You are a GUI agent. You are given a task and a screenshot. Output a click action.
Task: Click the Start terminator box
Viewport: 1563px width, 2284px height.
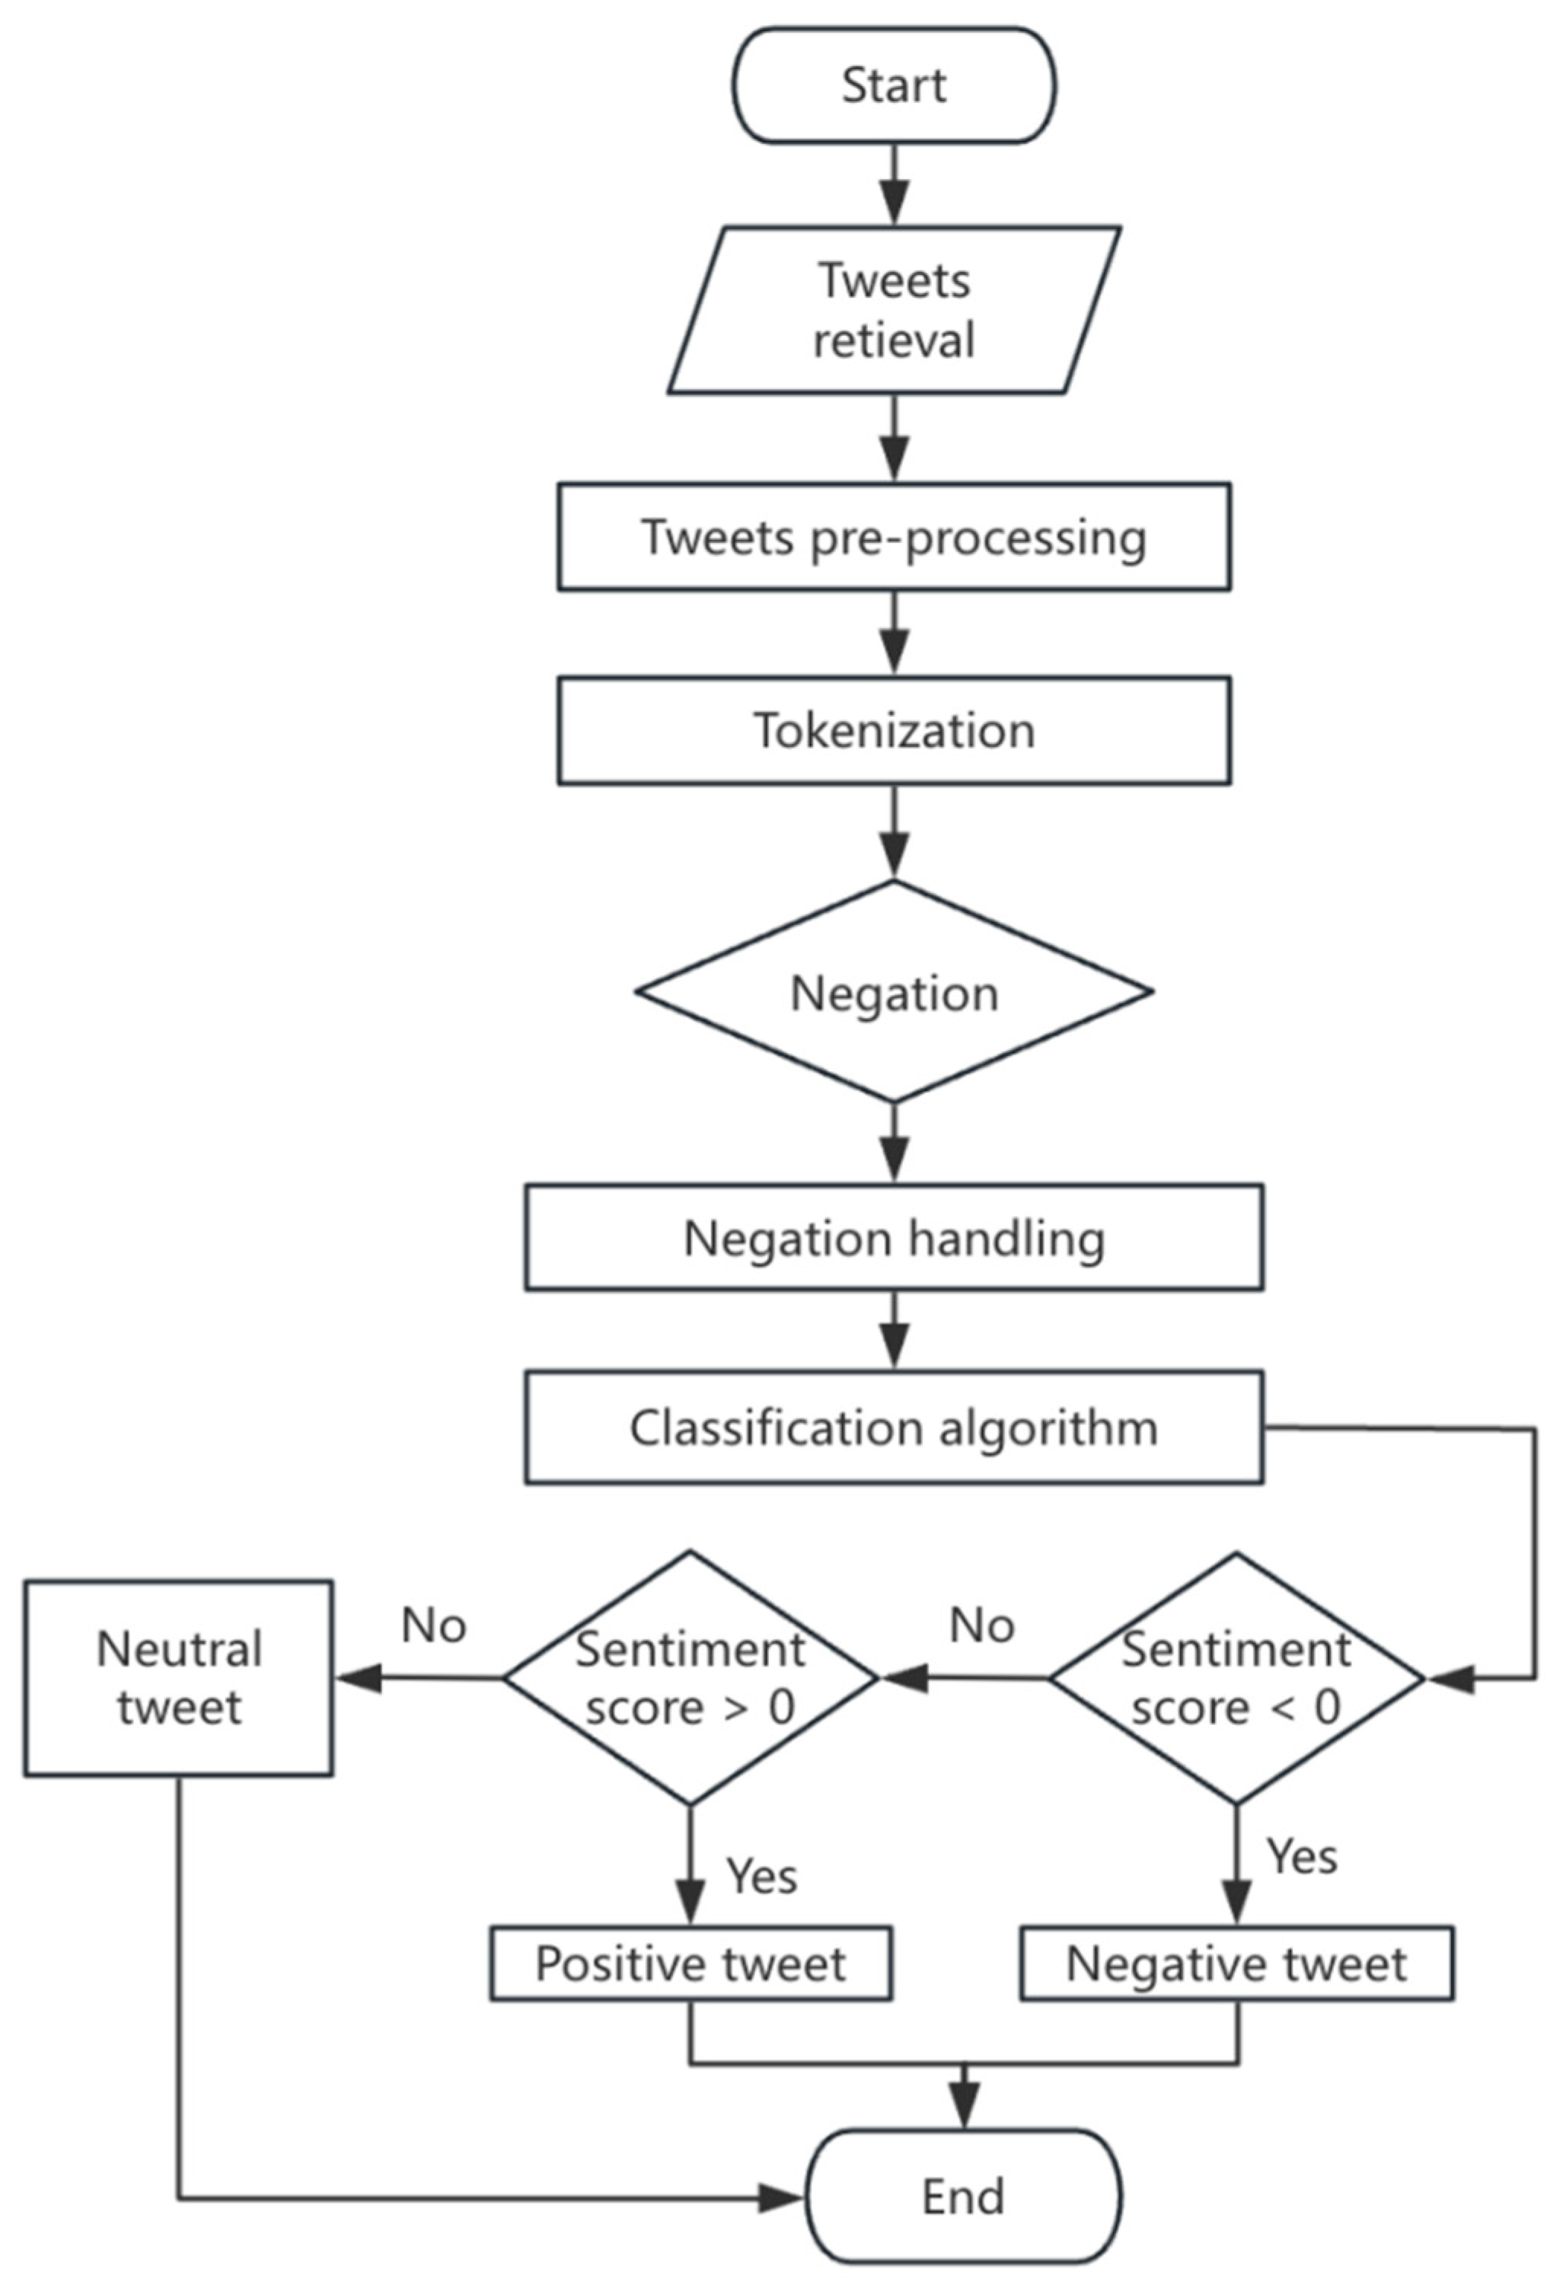(x=894, y=85)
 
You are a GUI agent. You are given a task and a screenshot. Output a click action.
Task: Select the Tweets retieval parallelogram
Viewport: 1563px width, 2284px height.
(x=894, y=311)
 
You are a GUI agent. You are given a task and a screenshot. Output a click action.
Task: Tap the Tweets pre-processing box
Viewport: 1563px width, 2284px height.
(x=894, y=537)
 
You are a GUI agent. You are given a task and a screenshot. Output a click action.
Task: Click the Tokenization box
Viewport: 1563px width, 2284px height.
(x=894, y=730)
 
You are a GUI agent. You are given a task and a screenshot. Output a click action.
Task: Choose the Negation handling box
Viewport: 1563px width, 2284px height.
(x=894, y=1237)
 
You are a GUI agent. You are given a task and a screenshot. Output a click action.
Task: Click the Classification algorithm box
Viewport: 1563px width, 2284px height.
(x=894, y=1427)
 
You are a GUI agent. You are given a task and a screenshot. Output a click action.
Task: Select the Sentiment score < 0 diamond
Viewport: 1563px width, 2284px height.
(x=1236, y=1679)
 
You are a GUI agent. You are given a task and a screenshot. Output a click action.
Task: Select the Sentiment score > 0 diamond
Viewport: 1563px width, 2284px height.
(x=689, y=1679)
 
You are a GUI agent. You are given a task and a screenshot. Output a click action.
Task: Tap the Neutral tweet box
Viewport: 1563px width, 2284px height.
(x=179, y=1679)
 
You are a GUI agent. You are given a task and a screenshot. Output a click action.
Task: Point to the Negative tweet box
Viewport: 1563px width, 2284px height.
(x=1236, y=1963)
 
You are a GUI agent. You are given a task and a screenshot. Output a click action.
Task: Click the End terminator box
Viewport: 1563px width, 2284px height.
(x=963, y=2197)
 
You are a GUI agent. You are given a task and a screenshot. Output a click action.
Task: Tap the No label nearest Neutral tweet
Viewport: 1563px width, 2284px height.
(x=433, y=1625)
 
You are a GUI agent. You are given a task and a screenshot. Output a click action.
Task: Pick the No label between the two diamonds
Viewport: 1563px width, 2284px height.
(x=982, y=1625)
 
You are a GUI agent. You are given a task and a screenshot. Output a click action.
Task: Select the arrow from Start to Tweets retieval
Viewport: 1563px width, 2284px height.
(x=894, y=185)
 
